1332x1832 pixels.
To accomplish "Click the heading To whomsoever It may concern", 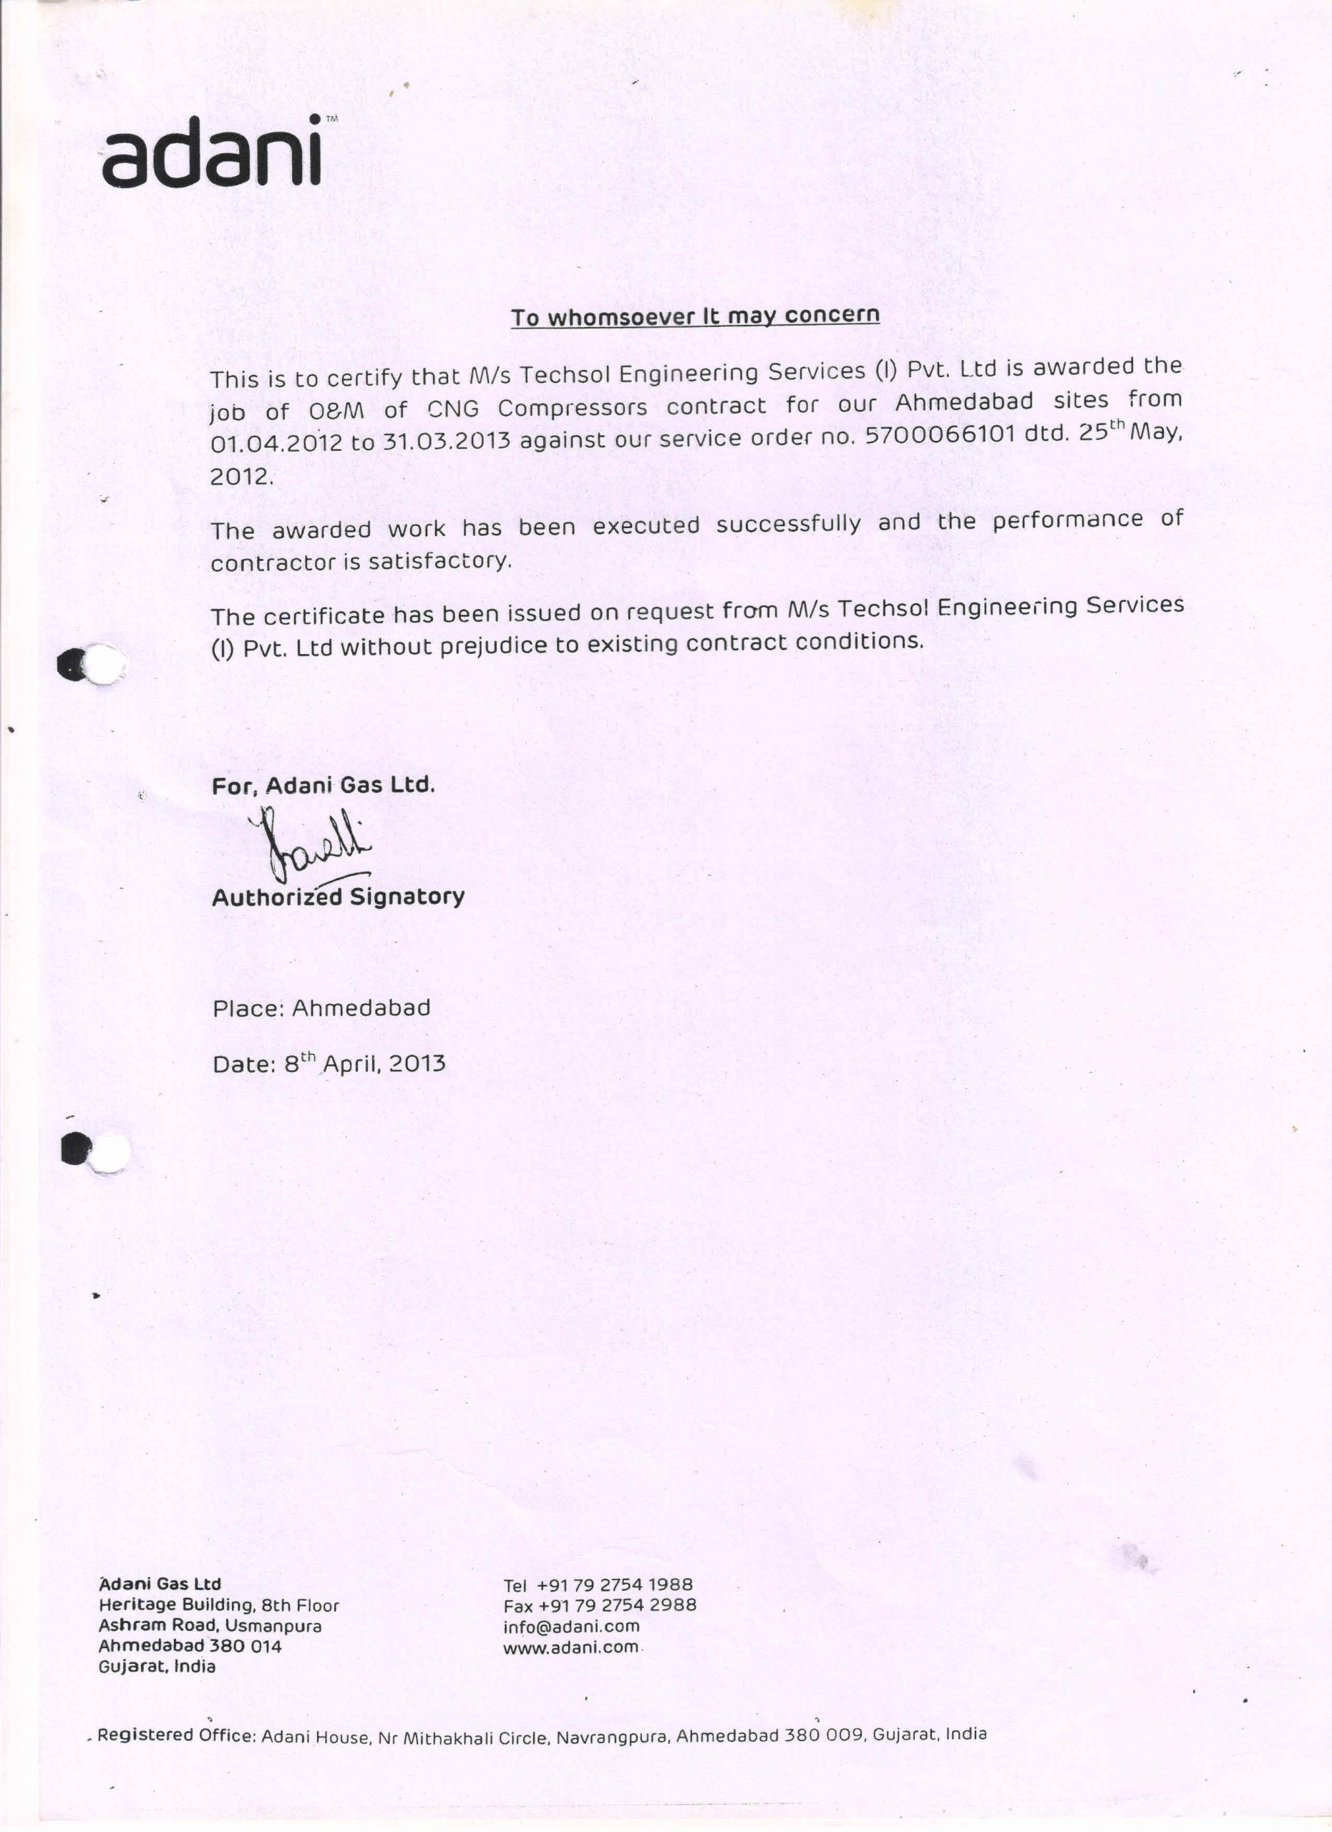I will [695, 316].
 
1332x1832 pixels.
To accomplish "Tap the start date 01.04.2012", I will [276, 444].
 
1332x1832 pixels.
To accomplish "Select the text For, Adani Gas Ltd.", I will [323, 785].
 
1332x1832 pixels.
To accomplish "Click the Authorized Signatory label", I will [338, 897].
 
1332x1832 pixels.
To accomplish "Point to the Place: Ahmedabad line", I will [321, 1008].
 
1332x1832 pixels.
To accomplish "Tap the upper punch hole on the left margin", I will [105, 663].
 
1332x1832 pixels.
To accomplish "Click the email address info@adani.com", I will [571, 1626].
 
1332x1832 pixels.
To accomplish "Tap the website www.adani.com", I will [570, 1647].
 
